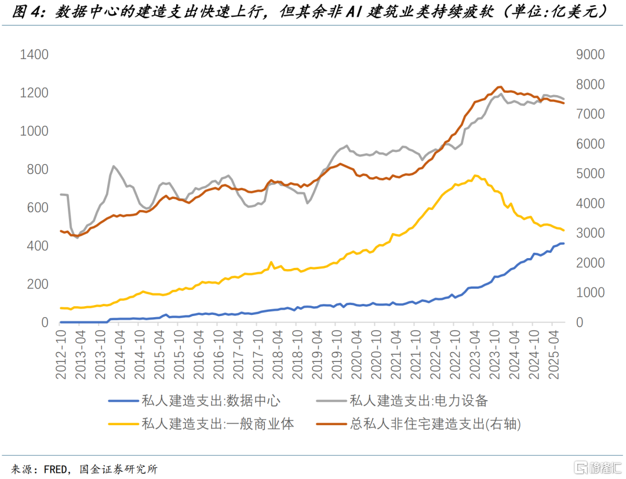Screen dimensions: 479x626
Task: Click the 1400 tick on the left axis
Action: [34, 55]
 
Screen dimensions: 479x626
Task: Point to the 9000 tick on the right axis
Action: [590, 55]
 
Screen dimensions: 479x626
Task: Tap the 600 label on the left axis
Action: [38, 208]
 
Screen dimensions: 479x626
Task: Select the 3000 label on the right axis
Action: [590, 233]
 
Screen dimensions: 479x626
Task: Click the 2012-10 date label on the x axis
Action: [61, 355]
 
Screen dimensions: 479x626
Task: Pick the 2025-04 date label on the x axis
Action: [554, 355]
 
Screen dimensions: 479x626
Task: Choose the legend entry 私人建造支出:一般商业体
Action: [217, 424]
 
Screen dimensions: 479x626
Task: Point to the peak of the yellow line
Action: [475, 175]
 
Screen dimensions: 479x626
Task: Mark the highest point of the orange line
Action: [500, 86]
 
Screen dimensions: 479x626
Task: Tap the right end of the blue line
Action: [563, 244]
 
